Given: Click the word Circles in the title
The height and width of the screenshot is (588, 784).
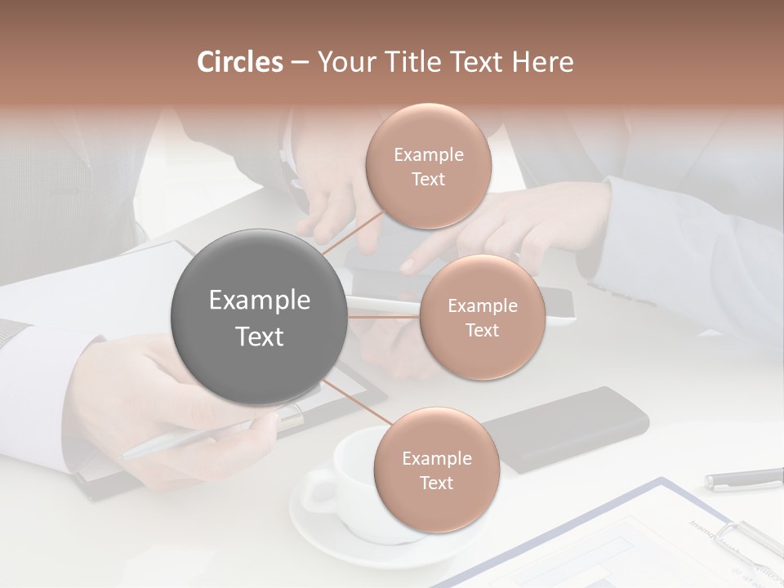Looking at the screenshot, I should [x=240, y=62].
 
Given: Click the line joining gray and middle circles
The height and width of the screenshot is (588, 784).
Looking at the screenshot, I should [x=382, y=314].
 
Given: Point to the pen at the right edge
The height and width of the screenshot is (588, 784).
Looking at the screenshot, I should [x=743, y=479].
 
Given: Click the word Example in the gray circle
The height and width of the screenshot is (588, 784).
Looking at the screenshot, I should [x=259, y=301].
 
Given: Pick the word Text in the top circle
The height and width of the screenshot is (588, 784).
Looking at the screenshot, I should [x=428, y=180].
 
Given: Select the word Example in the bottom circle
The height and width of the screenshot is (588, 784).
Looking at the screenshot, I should [x=436, y=459].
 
